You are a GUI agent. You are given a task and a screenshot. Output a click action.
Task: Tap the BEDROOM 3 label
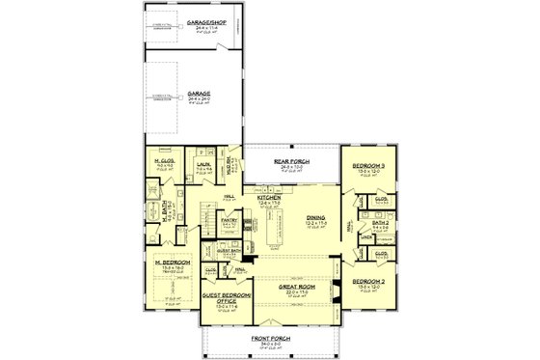click(x=367, y=167)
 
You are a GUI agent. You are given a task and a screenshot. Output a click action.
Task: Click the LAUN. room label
click(x=203, y=164)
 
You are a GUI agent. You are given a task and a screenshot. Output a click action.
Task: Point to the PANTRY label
click(x=229, y=219)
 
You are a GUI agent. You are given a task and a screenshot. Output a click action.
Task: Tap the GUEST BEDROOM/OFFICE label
click(x=225, y=294)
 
